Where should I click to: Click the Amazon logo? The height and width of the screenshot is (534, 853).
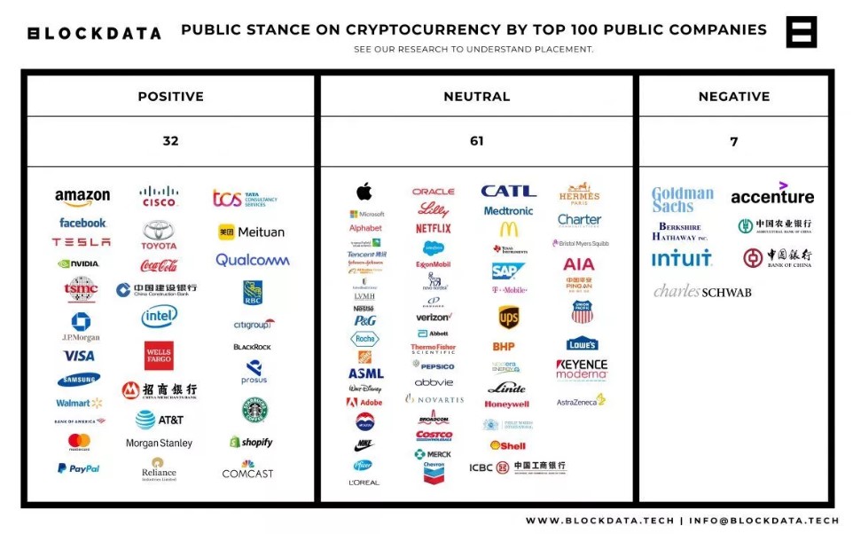coord(82,197)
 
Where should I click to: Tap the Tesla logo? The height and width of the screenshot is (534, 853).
coord(82,242)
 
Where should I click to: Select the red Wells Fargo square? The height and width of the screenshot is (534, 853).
coord(159,356)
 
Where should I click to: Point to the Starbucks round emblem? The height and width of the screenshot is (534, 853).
coord(254,410)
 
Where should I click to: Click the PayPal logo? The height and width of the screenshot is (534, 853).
coord(79,468)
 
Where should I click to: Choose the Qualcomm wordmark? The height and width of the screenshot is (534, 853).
coord(253,260)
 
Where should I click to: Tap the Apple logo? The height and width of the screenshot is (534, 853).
coord(364,192)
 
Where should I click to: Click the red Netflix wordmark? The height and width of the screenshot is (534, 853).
coord(434,228)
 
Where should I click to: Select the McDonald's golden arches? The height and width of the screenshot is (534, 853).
coord(508,229)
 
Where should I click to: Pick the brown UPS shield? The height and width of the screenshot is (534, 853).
coord(508,318)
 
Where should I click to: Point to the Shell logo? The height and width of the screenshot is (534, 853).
coord(508,445)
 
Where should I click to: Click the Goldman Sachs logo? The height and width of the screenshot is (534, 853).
coord(683,200)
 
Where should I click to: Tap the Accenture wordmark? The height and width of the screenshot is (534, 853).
coord(772,194)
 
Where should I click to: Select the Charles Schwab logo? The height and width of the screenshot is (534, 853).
coord(702,291)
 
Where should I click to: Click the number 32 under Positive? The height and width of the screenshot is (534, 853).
coord(170,141)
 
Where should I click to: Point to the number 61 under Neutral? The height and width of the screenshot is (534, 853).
coord(476,141)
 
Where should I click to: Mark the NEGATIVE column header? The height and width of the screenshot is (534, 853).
coord(733,96)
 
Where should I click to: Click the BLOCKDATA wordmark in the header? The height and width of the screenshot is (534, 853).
coord(95,34)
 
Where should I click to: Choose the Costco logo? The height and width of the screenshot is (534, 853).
coord(434,436)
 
